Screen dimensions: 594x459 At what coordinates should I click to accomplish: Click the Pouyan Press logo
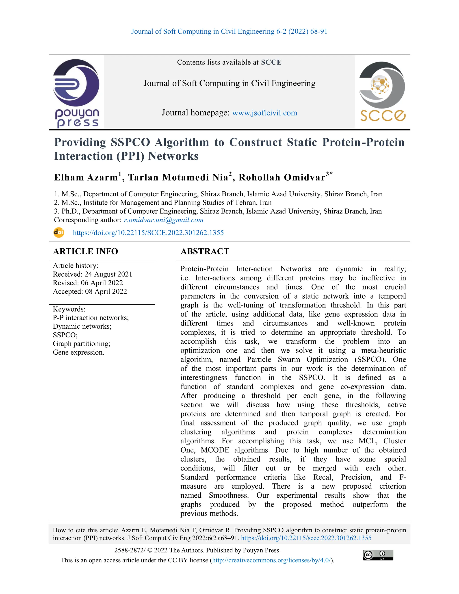(76, 93)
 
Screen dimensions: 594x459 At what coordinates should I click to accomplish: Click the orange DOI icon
(59, 232)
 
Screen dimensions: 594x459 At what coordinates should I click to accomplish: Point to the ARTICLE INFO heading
(85, 251)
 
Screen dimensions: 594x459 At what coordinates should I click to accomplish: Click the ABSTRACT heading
(205, 251)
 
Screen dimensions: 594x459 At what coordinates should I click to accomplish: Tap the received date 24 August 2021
(108, 274)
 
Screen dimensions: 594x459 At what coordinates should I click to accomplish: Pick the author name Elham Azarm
(86, 177)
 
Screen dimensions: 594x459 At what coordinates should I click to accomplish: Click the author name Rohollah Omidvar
(282, 177)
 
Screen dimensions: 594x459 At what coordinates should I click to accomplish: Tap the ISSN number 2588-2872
(130, 550)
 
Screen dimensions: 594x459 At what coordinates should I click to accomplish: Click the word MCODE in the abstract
(215, 450)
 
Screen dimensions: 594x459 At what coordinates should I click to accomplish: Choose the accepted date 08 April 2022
(106, 291)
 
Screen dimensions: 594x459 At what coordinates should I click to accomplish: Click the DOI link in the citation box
(306, 538)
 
